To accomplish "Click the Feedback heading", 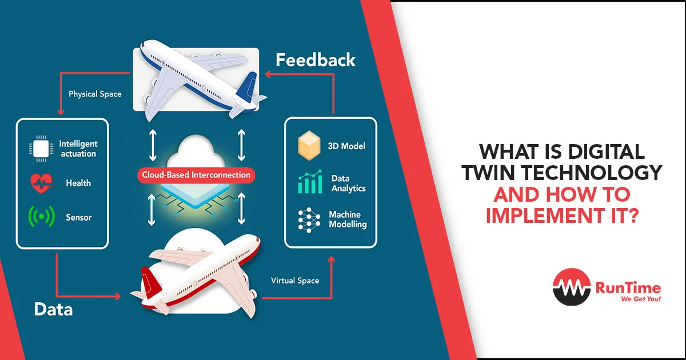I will click(316, 60).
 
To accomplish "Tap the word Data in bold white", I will click(53, 310).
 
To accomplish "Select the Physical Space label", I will click(95, 94).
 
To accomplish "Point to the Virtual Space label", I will click(295, 281).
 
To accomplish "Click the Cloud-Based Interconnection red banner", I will click(196, 175).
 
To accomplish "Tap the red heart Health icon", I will click(41, 183).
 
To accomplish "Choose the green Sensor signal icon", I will click(41, 217).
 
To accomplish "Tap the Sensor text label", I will click(79, 218).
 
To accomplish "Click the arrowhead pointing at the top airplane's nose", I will click(267, 74).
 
